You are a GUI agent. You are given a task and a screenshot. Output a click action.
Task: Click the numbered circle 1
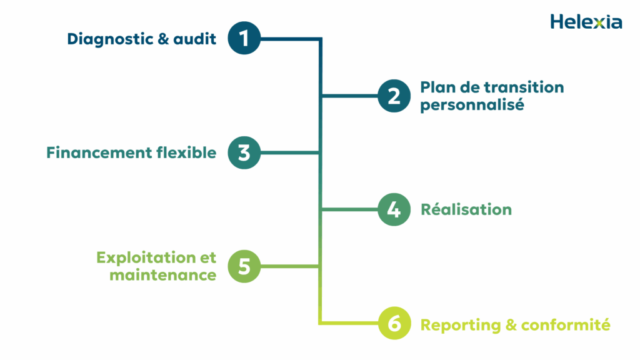(x=244, y=39)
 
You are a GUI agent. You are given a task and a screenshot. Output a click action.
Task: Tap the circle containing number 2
(x=394, y=96)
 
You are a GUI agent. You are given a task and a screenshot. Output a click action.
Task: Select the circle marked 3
(x=244, y=152)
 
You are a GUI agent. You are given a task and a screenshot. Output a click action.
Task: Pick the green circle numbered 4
(x=394, y=209)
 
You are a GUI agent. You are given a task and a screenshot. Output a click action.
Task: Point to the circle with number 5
(x=244, y=266)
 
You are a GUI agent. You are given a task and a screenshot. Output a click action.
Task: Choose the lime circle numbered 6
(x=394, y=324)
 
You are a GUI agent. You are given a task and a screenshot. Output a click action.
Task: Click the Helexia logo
(x=586, y=22)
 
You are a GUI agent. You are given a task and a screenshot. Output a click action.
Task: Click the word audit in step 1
(x=195, y=39)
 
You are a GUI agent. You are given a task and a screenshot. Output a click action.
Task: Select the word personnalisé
(x=471, y=105)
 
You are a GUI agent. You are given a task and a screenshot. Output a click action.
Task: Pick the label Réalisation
(x=466, y=209)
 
